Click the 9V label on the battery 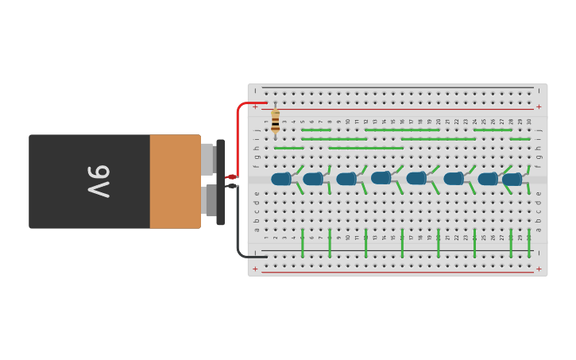coord(99,181)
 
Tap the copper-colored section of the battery coord(175,181)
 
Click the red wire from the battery coord(238,135)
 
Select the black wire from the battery coord(238,230)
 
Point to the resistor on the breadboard coord(275,121)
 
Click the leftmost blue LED coord(281,179)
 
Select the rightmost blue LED coord(512,179)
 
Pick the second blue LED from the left coord(313,179)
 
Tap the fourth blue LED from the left coord(381,178)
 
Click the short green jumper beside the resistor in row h coord(289,148)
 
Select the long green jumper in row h coord(366,148)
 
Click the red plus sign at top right coord(539,106)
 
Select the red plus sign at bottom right coord(539,269)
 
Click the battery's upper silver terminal coord(207,159)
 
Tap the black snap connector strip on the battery coord(220,181)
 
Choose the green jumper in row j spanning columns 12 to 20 coord(402,130)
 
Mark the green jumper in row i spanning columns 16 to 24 coord(439,139)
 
